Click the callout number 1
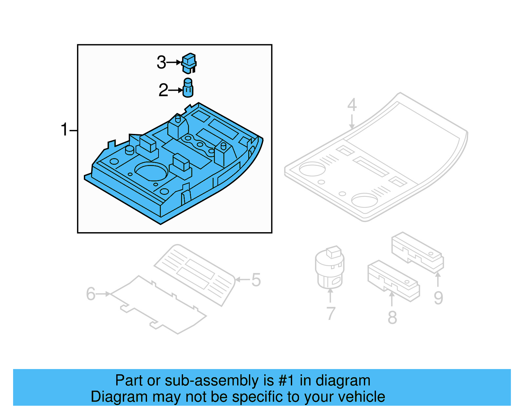point(64,130)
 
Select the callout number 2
point(163,90)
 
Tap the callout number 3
point(161,62)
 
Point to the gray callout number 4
point(352,105)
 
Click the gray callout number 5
point(256,280)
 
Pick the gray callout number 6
point(91,294)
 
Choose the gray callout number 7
point(331,314)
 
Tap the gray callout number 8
point(392,318)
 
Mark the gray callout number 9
point(438,298)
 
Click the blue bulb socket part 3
point(189,63)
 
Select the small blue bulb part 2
point(188,88)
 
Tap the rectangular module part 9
point(418,252)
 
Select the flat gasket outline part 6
point(157,305)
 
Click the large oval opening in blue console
point(151,171)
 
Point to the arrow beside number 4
point(352,122)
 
